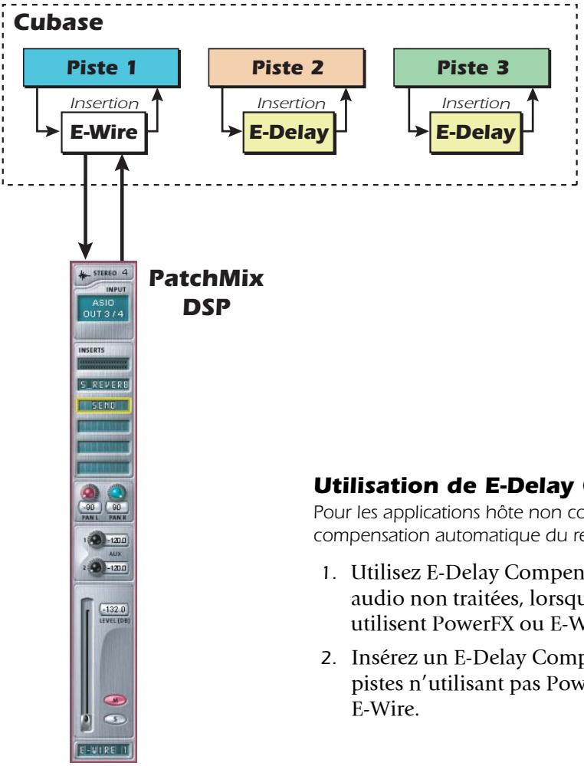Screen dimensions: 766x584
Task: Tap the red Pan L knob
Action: tap(88, 491)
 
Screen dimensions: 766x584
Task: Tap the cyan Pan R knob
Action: tap(117, 491)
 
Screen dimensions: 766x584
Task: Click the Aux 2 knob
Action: tap(95, 567)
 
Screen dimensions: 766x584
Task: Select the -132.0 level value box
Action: tap(115, 610)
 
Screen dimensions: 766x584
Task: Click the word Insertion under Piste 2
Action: tap(291, 103)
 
